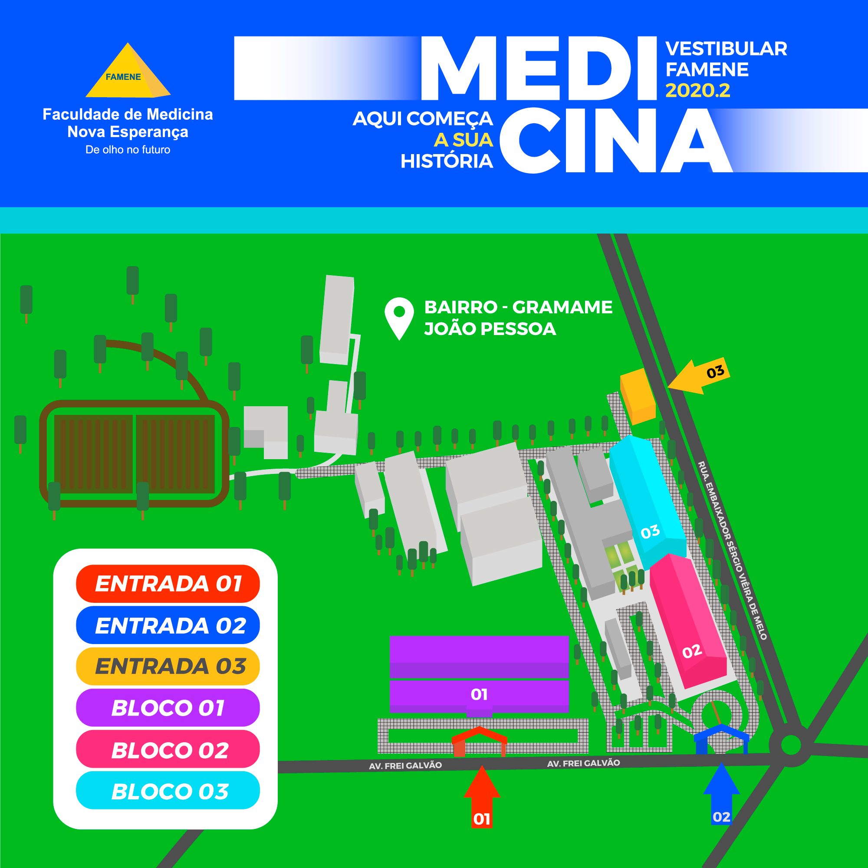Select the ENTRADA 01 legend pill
pyautogui.click(x=168, y=584)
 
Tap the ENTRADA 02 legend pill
pyautogui.click(x=168, y=625)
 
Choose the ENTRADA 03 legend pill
pyautogui.click(x=168, y=666)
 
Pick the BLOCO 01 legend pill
pyautogui.click(x=168, y=708)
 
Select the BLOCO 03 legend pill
pyautogui.click(x=168, y=791)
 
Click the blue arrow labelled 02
pyautogui.click(x=721, y=796)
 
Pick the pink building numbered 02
pyautogui.click(x=687, y=620)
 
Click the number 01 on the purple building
pyautogui.click(x=479, y=694)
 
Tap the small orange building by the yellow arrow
pyautogui.click(x=637, y=396)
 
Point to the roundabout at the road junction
pyautogui.click(x=791, y=745)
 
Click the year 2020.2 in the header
pyautogui.click(x=698, y=91)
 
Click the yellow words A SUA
pyautogui.click(x=463, y=140)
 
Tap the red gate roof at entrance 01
pyautogui.click(x=480, y=735)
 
